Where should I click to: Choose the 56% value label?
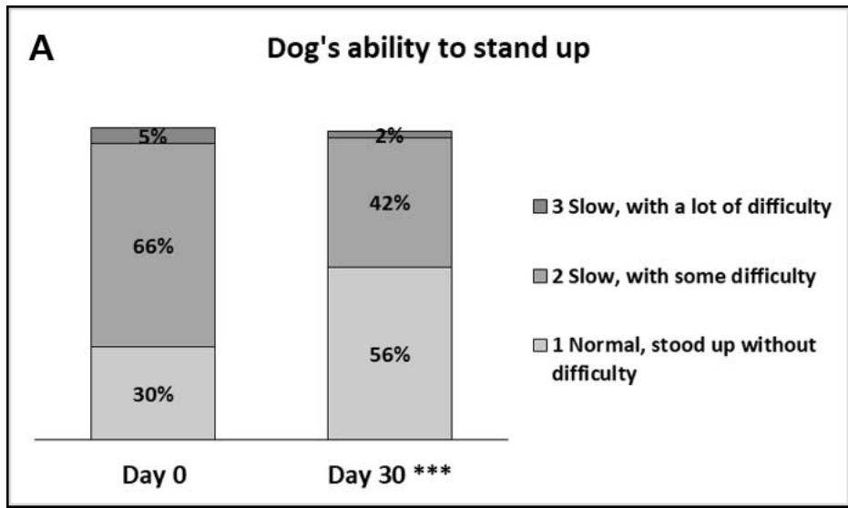click(390, 355)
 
